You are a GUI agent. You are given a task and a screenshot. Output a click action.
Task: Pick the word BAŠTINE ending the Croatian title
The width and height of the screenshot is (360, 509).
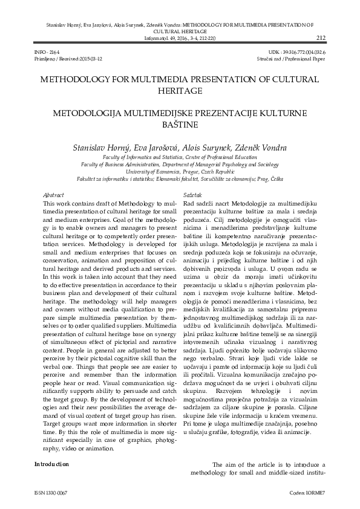point(179,125)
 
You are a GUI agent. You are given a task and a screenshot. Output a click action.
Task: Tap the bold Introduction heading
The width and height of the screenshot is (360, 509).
point(52,464)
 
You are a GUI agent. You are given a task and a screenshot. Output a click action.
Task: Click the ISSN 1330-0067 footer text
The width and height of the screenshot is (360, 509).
point(51,493)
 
